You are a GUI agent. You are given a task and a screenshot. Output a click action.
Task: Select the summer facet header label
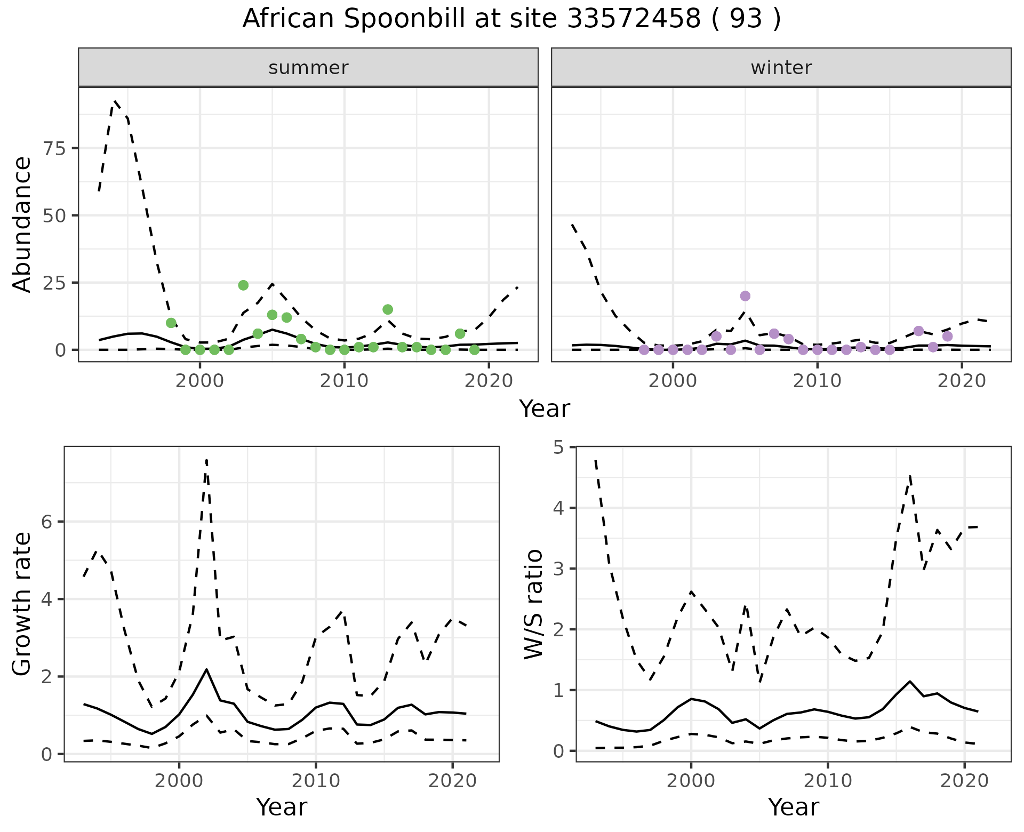(308, 68)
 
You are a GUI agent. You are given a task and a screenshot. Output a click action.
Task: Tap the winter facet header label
(781, 68)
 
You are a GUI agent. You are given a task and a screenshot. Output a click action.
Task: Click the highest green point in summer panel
(243, 285)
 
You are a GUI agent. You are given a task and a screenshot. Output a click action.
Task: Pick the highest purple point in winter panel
(745, 296)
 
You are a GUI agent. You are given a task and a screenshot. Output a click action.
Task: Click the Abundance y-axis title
(22, 224)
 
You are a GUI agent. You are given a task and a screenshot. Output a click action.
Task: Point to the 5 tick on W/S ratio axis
(558, 447)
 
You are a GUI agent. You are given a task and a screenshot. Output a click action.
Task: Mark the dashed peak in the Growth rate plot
(206, 460)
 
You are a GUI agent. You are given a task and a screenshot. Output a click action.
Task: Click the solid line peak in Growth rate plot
(206, 669)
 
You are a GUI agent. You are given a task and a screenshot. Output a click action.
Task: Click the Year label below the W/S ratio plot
(793, 807)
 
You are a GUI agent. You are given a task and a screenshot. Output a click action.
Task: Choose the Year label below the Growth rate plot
(282, 807)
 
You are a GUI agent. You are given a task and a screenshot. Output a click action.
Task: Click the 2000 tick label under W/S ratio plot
(691, 781)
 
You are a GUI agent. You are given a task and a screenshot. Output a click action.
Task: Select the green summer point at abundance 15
(388, 309)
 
